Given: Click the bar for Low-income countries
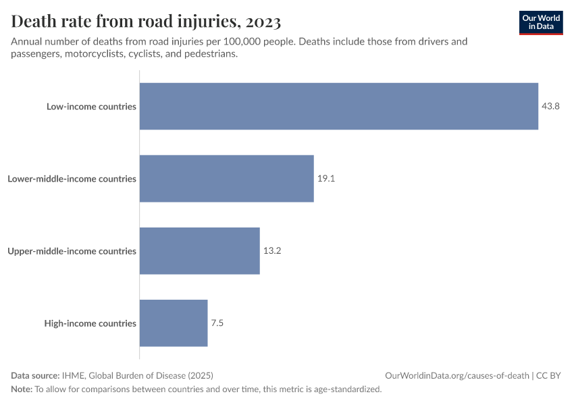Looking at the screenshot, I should (338, 106).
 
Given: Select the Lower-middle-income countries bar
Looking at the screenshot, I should (226, 178).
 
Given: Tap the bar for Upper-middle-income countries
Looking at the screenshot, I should (199, 250).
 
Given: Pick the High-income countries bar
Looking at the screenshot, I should (174, 323).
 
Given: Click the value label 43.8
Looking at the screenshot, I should (550, 107).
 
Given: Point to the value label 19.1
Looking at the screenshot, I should (326, 179).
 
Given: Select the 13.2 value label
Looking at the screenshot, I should (272, 251).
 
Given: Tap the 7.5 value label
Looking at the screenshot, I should (217, 323).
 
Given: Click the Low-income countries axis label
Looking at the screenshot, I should (91, 107).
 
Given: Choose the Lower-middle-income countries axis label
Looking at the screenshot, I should (72, 179).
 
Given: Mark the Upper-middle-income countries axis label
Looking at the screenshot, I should (72, 251).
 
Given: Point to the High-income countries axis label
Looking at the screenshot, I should (90, 323).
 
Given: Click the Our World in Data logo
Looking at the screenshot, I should (541, 22).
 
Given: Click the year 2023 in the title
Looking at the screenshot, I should (263, 22).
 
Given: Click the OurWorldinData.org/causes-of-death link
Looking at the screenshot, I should (456, 375).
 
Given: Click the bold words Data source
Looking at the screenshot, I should (35, 375).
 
